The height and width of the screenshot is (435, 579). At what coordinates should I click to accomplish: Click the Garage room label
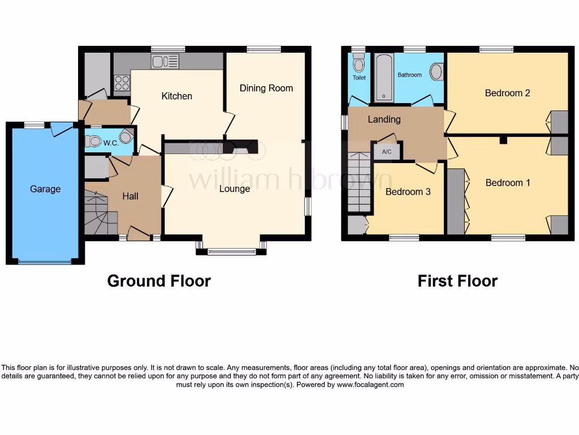point(45,189)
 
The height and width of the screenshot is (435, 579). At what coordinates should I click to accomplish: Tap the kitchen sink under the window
point(165,61)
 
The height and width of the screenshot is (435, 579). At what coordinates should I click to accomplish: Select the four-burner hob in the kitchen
point(122,83)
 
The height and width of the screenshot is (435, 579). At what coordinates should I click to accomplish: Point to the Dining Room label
point(266,88)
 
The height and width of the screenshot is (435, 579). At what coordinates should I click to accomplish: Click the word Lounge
point(235,189)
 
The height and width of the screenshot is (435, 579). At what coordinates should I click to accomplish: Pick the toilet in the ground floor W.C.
point(93,142)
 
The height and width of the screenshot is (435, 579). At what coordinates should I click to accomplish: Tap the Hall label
point(131,196)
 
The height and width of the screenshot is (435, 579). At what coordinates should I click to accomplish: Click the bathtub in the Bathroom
point(384,78)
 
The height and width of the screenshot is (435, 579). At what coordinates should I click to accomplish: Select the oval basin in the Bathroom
point(437,72)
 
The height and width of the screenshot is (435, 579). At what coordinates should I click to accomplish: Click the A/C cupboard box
point(387,152)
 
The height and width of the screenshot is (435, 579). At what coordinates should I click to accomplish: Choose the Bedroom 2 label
point(507,93)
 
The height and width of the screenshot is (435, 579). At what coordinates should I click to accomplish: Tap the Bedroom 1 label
point(508,182)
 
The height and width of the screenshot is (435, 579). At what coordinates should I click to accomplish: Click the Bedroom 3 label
point(408,191)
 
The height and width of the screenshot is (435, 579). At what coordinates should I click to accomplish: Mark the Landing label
point(384,119)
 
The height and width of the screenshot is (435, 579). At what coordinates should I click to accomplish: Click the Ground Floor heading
point(159,281)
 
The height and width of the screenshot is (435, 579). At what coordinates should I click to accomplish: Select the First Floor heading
point(457,281)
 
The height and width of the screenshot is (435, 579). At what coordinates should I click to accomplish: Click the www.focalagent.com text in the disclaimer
point(370,385)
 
